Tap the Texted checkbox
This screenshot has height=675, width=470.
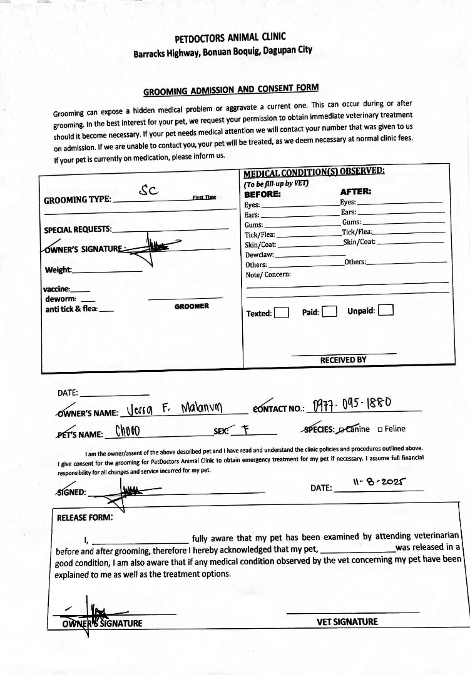[x=282, y=312]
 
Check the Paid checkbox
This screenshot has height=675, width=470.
[x=330, y=311]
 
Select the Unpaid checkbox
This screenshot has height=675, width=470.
[x=386, y=311]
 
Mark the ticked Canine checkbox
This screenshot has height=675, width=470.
[x=340, y=429]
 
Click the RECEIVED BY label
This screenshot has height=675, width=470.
[x=343, y=360]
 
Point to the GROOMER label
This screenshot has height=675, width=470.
[x=192, y=306]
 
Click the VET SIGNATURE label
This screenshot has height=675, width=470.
[x=347, y=621]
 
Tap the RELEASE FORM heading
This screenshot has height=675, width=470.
[x=85, y=517]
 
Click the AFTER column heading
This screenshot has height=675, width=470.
[x=355, y=192]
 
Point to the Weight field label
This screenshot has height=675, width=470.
[x=58, y=270]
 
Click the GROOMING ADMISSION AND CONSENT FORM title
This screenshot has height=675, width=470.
[x=231, y=90]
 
